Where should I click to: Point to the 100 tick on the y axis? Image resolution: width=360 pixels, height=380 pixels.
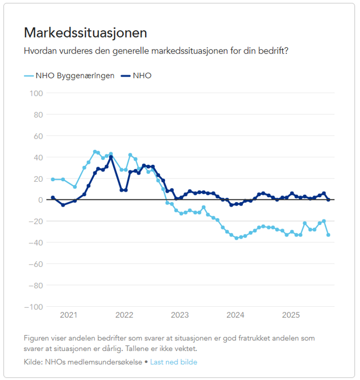pos(36,93)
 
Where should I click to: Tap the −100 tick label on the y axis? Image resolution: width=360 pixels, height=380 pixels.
pos(34,307)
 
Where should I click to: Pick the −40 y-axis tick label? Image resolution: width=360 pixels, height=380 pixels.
pos(36,243)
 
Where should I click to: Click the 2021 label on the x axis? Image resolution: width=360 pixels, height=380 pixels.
pos(68,315)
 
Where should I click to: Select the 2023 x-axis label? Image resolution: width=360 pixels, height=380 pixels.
pos(180,315)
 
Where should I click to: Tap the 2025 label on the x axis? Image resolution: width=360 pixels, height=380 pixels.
pos(291,315)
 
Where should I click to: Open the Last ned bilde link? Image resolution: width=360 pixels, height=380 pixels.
pos(173,362)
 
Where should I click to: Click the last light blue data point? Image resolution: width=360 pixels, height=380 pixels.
pos(328,235)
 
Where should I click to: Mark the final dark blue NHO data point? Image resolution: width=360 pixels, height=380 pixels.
pos(328,199)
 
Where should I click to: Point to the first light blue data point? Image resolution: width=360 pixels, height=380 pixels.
pos(52,179)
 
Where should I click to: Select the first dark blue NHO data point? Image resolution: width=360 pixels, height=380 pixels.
pos(52,198)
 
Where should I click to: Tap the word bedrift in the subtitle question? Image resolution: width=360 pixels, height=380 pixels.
pos(272,51)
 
